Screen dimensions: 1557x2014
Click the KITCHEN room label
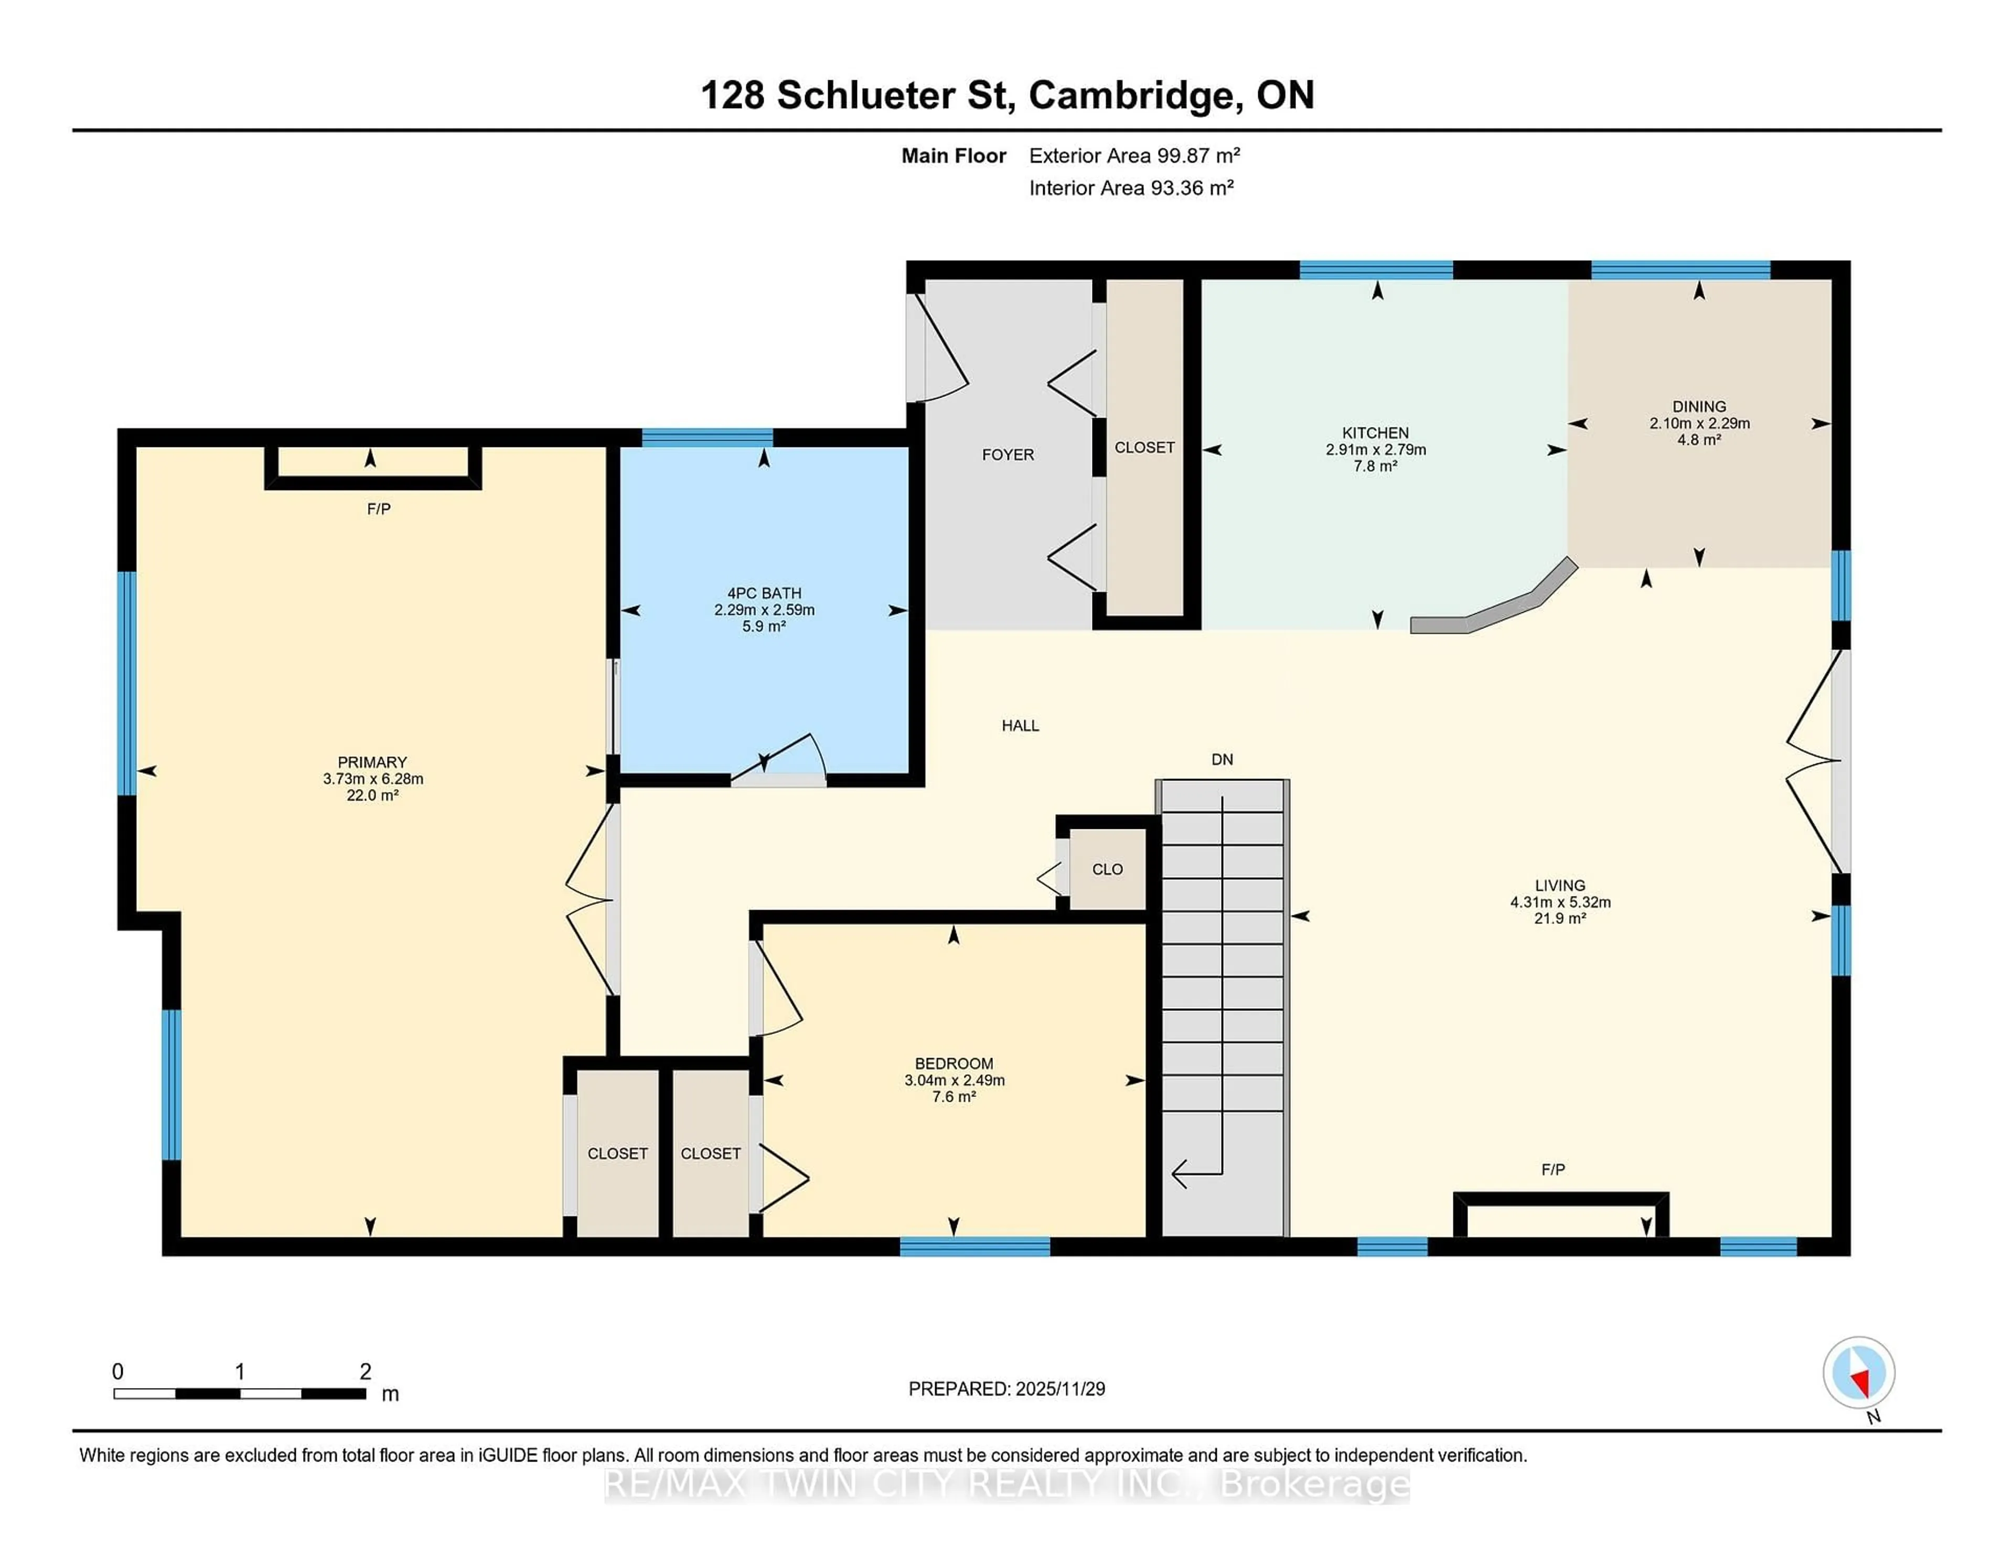(x=1375, y=433)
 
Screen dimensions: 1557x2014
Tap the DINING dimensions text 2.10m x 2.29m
(x=1699, y=423)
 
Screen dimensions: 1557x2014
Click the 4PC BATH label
(x=764, y=593)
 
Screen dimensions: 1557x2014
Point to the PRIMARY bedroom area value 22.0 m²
(x=372, y=795)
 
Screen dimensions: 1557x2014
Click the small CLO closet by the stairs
(x=1107, y=869)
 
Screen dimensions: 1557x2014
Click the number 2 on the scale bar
(x=365, y=1372)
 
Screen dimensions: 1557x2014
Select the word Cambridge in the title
(x=1131, y=95)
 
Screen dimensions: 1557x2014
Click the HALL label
(x=1020, y=726)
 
